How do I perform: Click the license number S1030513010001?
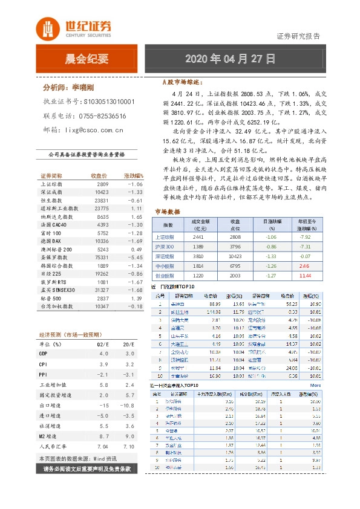pos(108,102)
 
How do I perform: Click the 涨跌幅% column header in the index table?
pos(133,175)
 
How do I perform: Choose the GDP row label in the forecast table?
pos(44,352)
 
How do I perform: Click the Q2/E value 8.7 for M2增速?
pos(103,435)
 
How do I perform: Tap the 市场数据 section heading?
pos(168,212)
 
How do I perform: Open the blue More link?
pos(315,385)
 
